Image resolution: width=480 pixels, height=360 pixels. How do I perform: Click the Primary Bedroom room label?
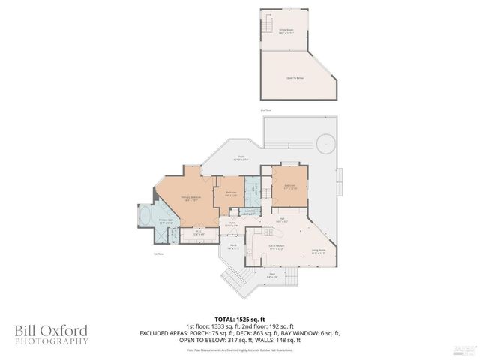[189, 199]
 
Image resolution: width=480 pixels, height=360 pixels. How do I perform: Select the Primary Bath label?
[166, 222]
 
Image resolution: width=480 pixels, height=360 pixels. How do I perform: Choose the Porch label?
[233, 245]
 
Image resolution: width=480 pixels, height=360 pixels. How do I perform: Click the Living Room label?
[318, 251]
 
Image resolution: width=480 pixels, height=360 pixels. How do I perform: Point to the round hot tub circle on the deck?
[326, 142]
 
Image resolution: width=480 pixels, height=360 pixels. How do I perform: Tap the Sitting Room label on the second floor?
[286, 31]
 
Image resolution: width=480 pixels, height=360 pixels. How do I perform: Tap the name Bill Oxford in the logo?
[50, 330]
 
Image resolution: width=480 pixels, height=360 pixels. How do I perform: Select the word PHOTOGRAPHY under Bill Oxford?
[50, 341]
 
